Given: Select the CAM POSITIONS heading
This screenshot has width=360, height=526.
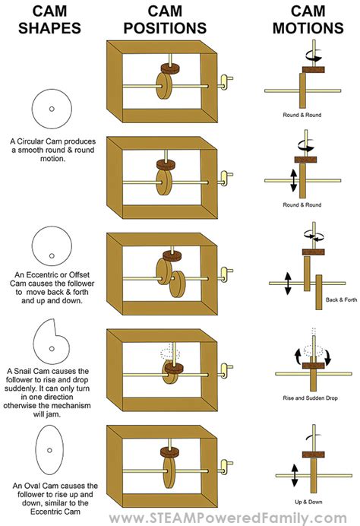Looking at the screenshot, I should point(166,20).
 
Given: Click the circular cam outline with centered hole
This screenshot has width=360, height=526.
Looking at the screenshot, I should point(50,108).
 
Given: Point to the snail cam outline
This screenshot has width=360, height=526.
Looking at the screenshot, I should point(50,339).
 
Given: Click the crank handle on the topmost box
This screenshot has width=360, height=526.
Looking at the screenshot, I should point(225,79).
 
